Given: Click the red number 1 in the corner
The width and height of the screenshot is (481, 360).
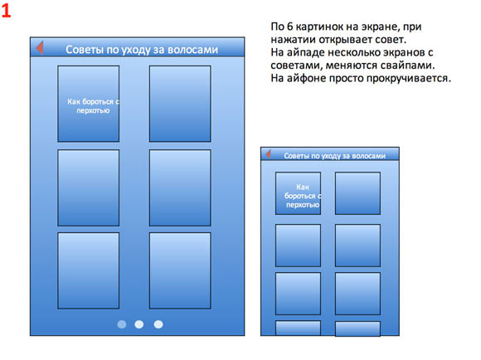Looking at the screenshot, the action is tap(6, 11).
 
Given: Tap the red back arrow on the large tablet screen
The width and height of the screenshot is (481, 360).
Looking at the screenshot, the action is tap(40, 47).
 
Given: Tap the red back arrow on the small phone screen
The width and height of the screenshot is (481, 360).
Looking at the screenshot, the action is tap(269, 154).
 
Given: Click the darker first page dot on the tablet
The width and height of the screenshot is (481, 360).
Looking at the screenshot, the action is tap(122, 324).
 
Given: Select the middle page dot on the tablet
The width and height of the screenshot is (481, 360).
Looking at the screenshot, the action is tap(139, 324).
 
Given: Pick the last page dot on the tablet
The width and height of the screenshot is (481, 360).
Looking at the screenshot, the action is tap(158, 324).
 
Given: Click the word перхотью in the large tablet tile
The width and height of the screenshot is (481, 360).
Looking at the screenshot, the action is tap(93, 110).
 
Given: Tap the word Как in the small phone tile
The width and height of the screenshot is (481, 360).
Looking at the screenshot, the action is tap(303, 187).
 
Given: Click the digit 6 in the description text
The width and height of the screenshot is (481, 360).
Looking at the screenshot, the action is tap(290, 27).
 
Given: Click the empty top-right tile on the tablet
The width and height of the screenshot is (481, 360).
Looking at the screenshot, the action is tap(180, 104).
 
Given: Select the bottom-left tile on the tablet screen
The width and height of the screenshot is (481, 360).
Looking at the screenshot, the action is tap(89, 270).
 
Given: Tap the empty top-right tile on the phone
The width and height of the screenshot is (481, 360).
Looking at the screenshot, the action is tap(357, 193).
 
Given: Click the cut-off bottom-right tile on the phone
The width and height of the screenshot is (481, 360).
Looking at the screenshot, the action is tap(357, 328).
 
